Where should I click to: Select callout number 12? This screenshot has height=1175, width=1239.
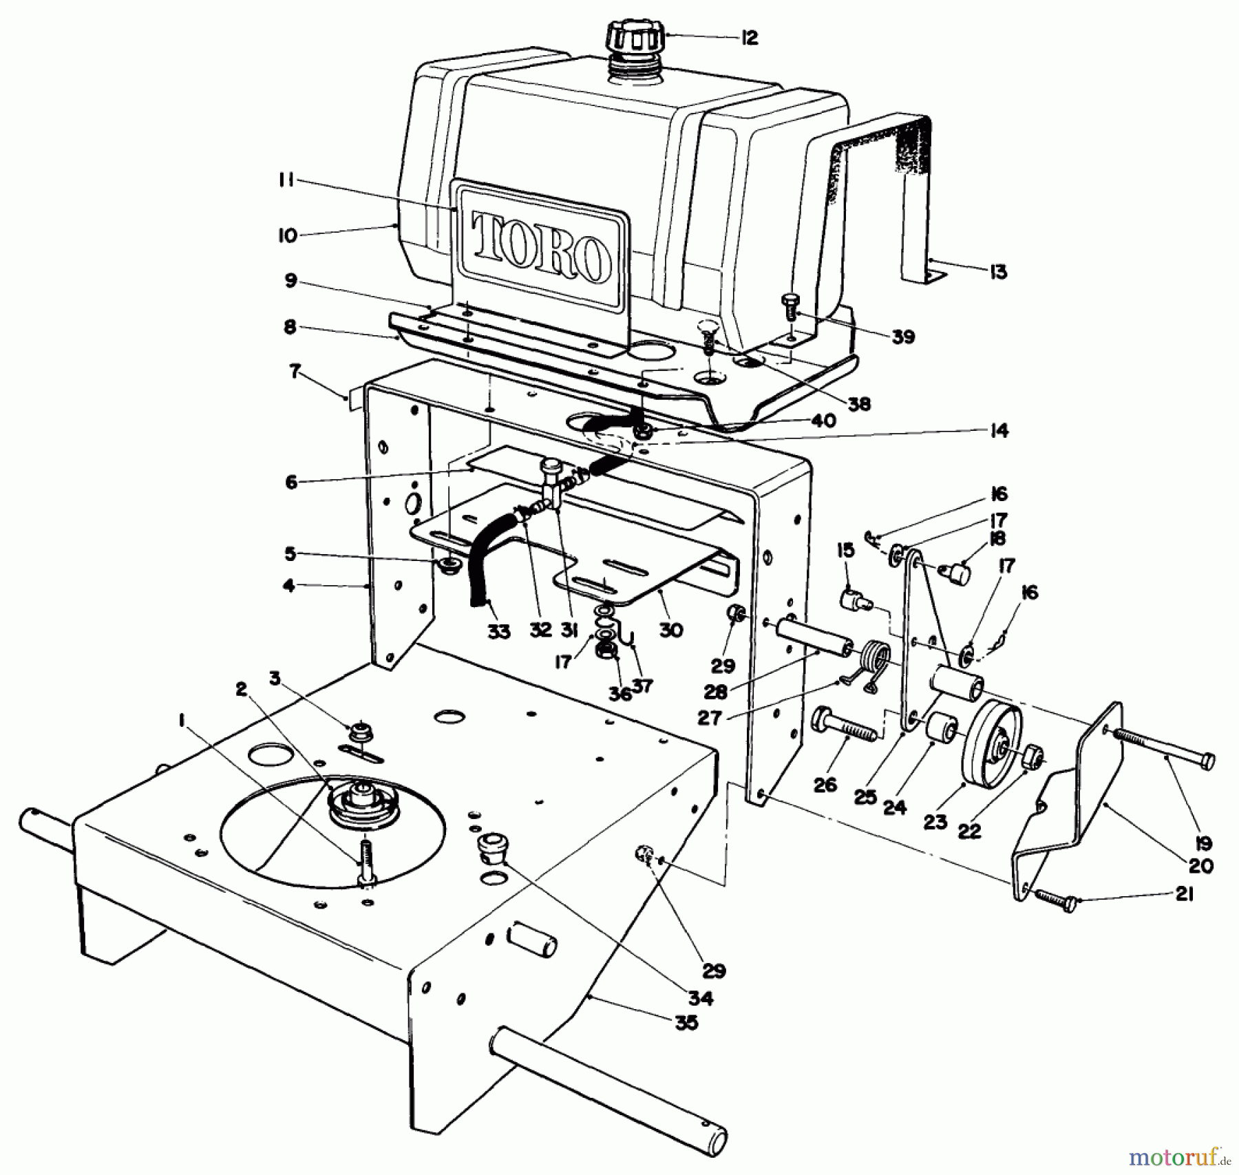pyautogui.click(x=749, y=38)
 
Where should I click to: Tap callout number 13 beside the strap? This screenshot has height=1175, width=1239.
pyautogui.click(x=997, y=272)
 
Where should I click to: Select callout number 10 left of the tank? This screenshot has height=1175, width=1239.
pyautogui.click(x=288, y=235)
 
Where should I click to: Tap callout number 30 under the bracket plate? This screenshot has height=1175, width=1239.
pyautogui.click(x=671, y=630)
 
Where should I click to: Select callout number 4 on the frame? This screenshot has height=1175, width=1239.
pyautogui.click(x=289, y=586)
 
